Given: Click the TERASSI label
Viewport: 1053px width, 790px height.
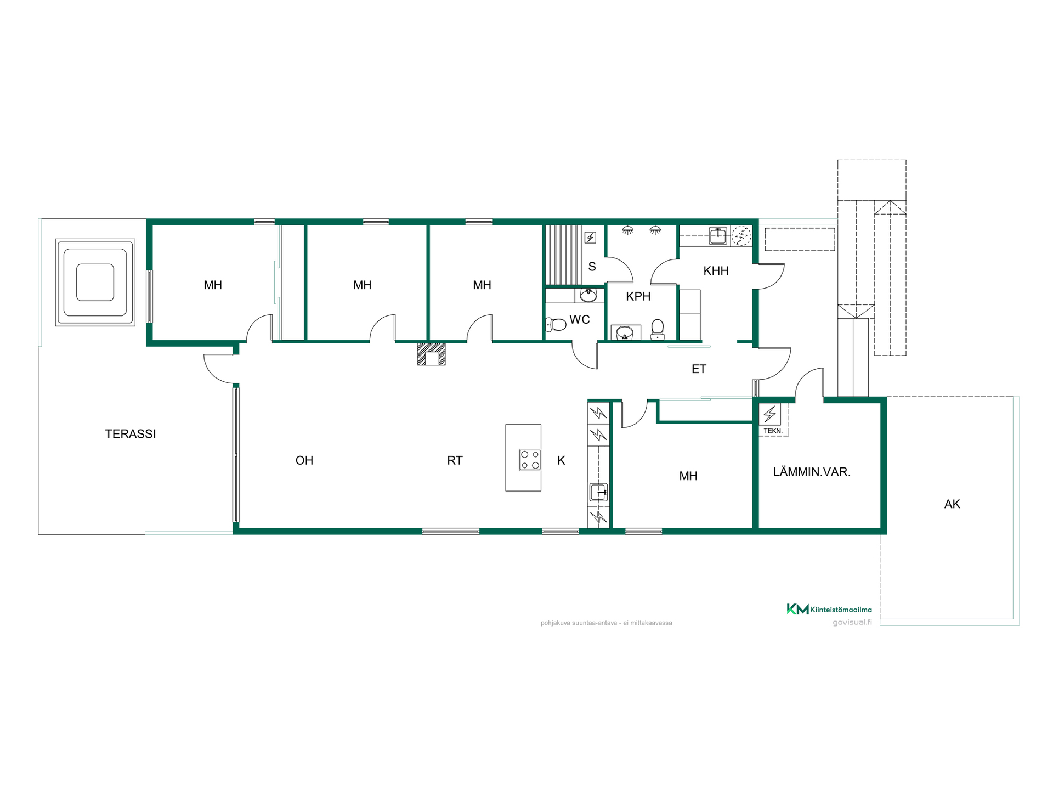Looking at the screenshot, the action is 131,434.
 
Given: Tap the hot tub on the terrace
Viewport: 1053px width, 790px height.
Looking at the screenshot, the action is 95,282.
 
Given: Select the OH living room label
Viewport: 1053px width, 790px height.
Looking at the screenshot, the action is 304,460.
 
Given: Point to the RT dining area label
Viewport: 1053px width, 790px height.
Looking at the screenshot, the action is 455,460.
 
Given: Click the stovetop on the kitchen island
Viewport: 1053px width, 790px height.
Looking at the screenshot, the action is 530,460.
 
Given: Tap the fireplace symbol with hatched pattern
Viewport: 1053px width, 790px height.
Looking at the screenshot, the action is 431,354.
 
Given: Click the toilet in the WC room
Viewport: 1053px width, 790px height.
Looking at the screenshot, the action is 556,325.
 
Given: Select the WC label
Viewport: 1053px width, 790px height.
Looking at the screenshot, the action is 580,319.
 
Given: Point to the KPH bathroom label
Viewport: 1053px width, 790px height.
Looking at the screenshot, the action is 638,296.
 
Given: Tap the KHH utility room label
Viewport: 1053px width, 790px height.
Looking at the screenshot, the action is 716,270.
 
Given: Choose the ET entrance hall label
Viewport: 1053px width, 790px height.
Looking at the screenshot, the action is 699,369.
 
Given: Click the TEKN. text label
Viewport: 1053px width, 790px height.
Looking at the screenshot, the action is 773,431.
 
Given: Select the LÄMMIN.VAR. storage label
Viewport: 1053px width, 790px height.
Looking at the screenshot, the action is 812,472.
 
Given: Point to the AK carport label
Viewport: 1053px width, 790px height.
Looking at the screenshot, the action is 952,504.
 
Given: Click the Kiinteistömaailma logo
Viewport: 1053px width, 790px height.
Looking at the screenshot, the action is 829,609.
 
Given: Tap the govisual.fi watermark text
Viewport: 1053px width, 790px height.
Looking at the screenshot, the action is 852,622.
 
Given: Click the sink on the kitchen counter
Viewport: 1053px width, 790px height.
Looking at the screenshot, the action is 598,492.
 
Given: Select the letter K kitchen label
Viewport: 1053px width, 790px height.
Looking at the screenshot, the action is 561,460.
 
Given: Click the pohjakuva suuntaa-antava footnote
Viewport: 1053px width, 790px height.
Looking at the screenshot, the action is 606,623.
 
